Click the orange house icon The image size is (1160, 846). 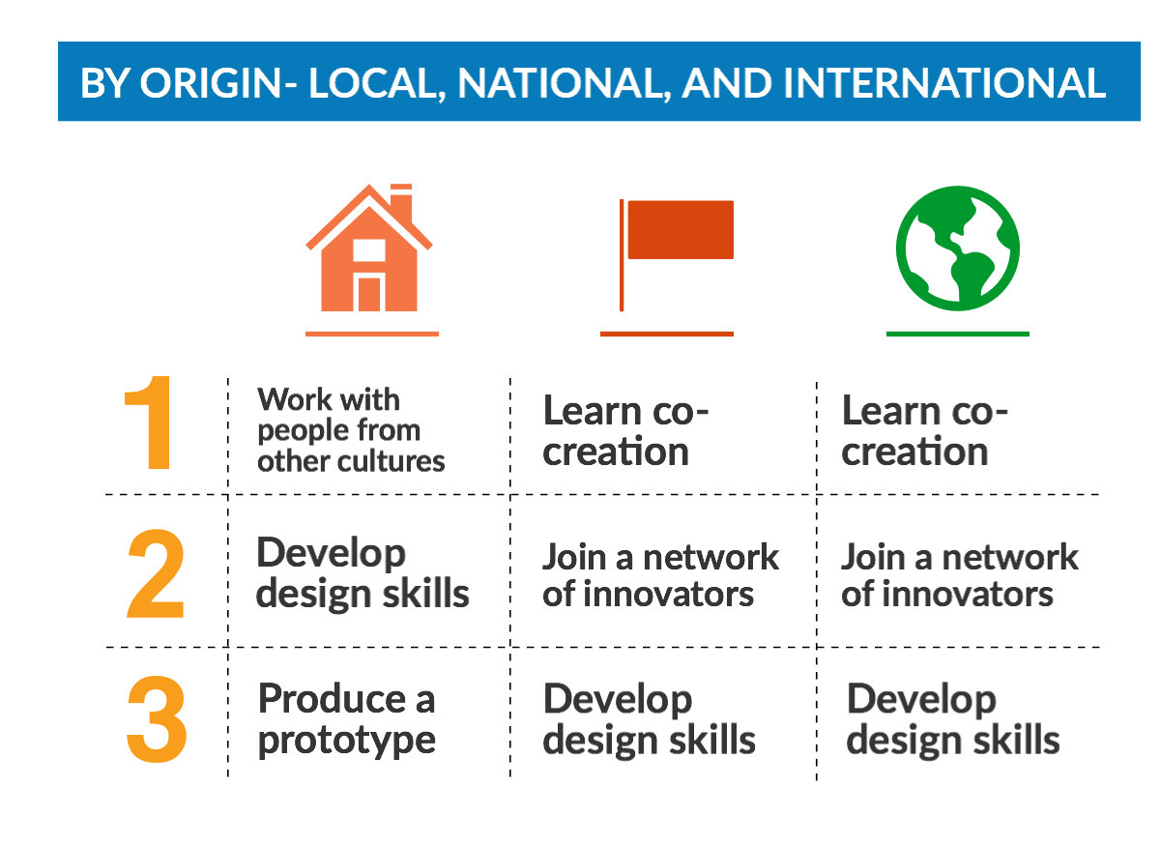pos(369,248)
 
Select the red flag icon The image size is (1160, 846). pos(677,255)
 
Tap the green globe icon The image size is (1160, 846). pos(958,248)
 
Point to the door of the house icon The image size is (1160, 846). pos(369,294)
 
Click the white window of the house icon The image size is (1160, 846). pos(369,250)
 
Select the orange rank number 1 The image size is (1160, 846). pos(150,423)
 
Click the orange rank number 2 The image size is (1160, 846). pos(156,573)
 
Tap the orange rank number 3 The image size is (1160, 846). pos(156,719)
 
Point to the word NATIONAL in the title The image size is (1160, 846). pos(563,84)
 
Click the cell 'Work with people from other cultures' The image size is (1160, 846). pos(351,430)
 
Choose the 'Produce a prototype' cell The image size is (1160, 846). pos(346,719)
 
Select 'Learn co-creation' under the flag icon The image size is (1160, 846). pos(625,430)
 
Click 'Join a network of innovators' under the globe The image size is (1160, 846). pos(960,574)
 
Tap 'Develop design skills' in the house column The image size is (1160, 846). pos(362,573)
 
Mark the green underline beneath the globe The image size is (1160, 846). pos(958,335)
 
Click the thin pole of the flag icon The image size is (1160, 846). pos(622,255)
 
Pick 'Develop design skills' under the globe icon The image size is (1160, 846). pos(953,719)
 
